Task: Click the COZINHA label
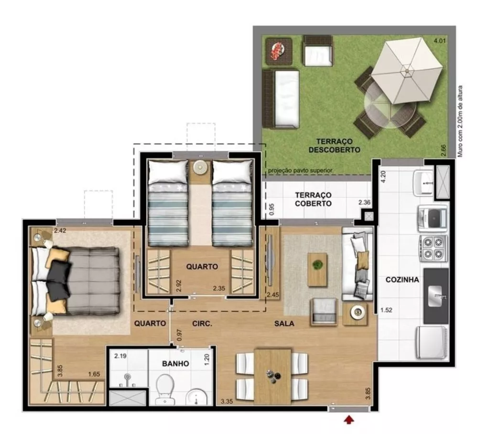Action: tap(402, 280)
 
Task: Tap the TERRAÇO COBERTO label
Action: tap(313, 199)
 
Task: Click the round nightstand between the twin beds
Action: tap(200, 168)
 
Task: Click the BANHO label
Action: tap(175, 364)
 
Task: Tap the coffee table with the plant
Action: tap(317, 269)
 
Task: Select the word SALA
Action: tap(284, 324)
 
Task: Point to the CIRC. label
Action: tap(202, 324)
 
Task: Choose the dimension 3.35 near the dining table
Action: tap(227, 401)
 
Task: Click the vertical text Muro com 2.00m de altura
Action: tap(461, 121)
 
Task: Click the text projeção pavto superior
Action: tap(300, 171)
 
